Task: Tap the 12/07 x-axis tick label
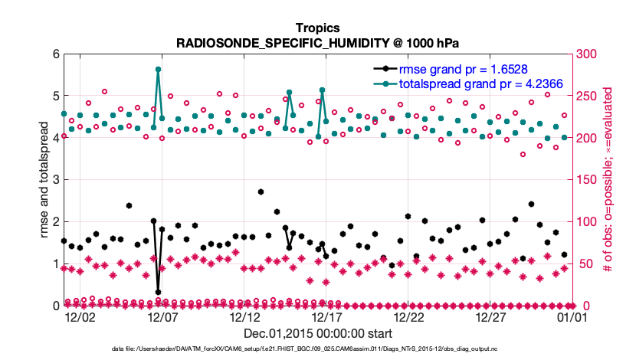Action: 162,316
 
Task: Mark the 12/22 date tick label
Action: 408,316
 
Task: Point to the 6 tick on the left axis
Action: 56,54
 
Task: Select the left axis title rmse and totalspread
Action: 44,180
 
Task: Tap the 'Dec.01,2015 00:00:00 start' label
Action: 318,333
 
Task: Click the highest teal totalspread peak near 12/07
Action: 158,69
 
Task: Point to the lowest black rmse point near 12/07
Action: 158,292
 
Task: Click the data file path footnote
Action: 317,349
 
